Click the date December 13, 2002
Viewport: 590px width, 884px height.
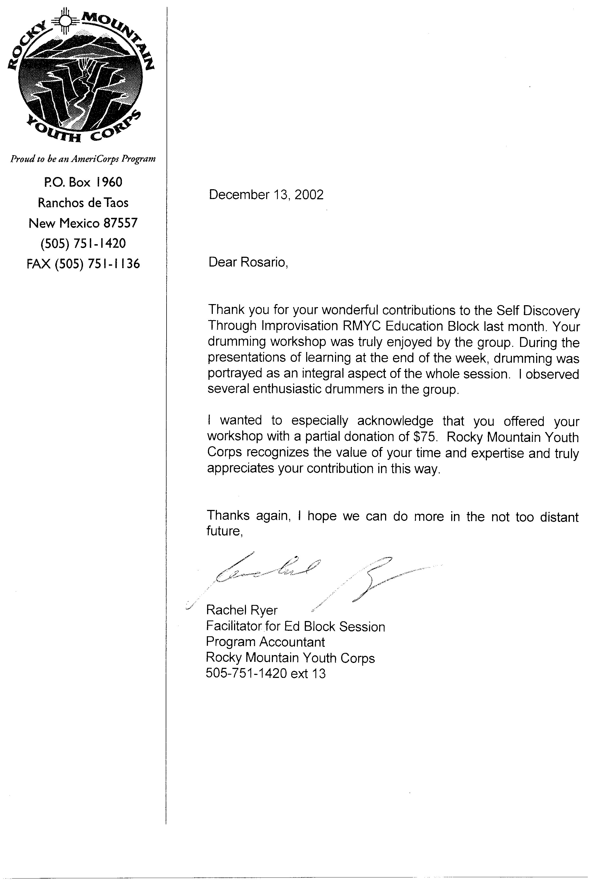coord(266,195)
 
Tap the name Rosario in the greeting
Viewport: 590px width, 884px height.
coord(264,262)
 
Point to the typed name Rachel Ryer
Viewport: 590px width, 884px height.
coord(242,610)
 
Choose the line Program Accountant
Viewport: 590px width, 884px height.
coord(265,642)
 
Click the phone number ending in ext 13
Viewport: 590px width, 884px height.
coord(265,673)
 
